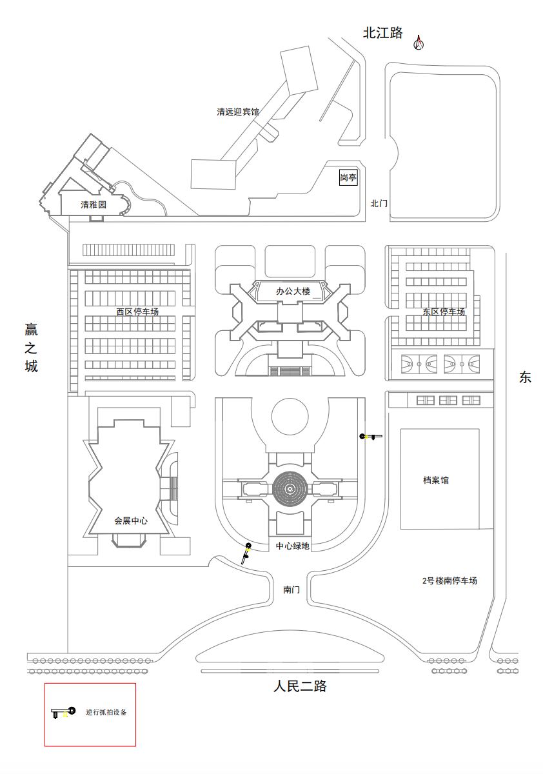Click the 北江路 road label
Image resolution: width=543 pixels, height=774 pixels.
click(x=382, y=33)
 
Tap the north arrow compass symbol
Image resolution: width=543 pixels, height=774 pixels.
click(x=419, y=43)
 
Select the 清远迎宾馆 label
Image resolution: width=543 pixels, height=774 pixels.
click(x=237, y=112)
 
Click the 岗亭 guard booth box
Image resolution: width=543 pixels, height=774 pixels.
click(x=348, y=178)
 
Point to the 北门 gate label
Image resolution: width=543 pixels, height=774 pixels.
click(x=379, y=203)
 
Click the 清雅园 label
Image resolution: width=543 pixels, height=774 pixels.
click(x=93, y=205)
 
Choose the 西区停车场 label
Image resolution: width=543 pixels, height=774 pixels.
click(x=137, y=312)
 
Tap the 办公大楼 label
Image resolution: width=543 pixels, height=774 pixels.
click(x=293, y=292)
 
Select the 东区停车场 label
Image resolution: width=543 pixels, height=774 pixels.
click(x=444, y=312)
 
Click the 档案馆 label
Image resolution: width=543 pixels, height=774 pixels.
click(x=436, y=480)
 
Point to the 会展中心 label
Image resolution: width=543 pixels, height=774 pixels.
click(x=131, y=521)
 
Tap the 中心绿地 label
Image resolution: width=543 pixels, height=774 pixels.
click(x=293, y=546)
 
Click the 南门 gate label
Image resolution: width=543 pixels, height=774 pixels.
click(x=291, y=590)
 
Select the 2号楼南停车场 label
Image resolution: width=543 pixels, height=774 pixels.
click(x=449, y=581)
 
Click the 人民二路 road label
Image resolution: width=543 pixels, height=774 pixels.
click(x=300, y=686)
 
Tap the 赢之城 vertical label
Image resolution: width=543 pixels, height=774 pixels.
click(x=31, y=348)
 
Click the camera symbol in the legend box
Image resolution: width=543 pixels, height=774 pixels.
click(x=63, y=713)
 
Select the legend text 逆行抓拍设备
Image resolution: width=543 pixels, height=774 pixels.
click(x=106, y=713)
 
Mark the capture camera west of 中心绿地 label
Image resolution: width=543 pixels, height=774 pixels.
click(x=246, y=552)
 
